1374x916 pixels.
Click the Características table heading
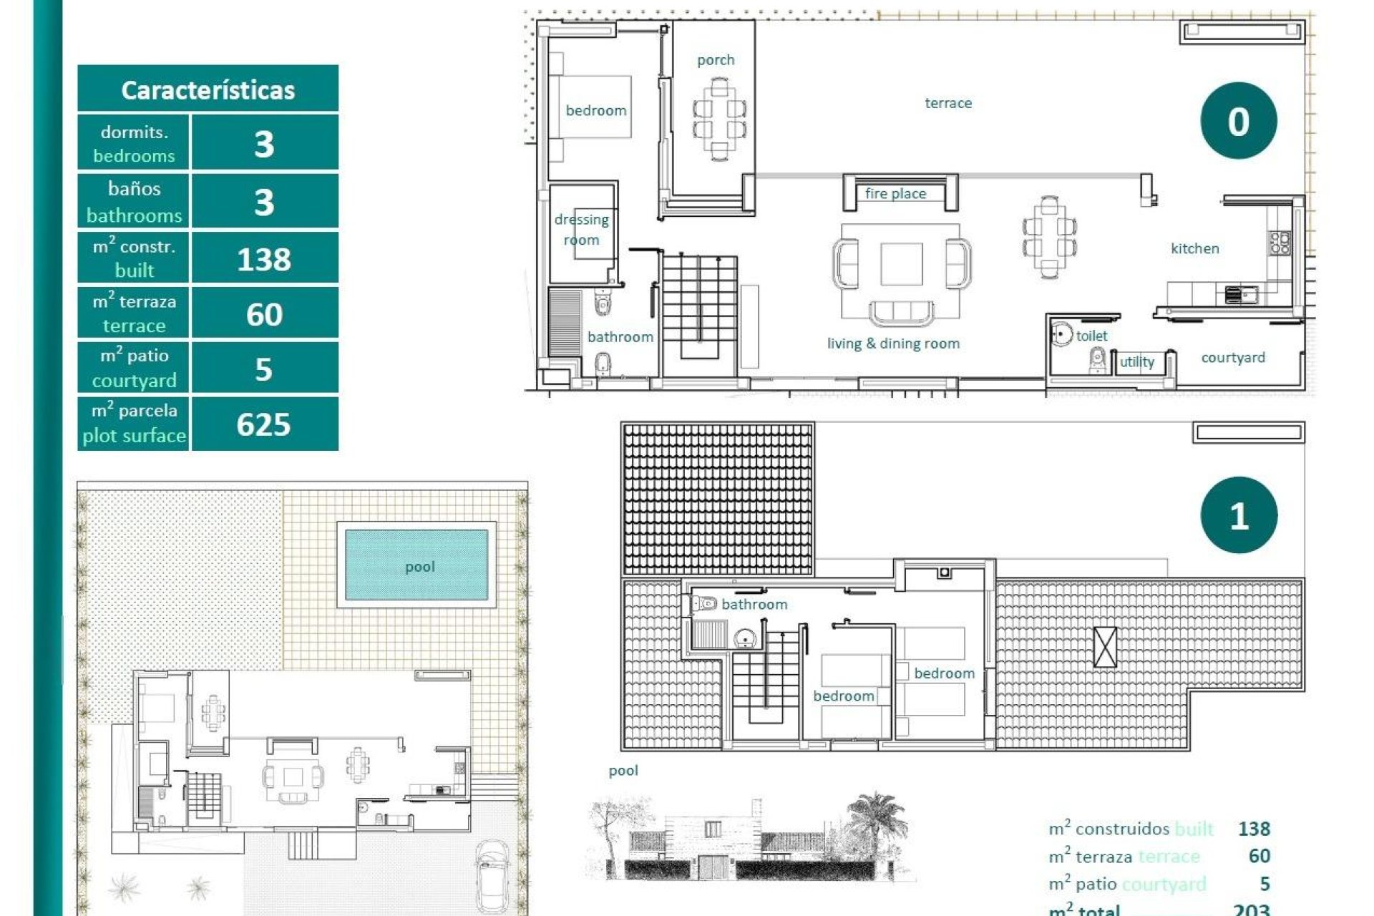pos(208,90)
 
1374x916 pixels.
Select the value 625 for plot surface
pos(263,424)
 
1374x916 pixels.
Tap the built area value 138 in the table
pos(263,259)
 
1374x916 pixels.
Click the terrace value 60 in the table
pos(263,314)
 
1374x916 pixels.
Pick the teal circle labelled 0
pos(1238,121)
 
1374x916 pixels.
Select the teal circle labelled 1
pos(1238,515)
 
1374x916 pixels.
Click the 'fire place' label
pos(895,193)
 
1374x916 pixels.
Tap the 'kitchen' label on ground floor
pos(1194,248)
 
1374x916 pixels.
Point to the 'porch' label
pos(716,60)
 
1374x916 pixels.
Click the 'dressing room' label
pos(581,229)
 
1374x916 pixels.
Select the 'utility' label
pos(1136,361)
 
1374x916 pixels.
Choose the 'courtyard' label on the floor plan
pos(1232,357)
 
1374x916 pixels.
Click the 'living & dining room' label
pos(893,343)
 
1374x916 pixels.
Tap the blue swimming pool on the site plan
pos(416,565)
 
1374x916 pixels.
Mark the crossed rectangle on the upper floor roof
pos(1105,647)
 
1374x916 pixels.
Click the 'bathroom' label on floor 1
pos(754,604)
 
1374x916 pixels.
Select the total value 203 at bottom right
pos(1251,909)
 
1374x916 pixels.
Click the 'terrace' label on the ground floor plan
pos(948,103)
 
